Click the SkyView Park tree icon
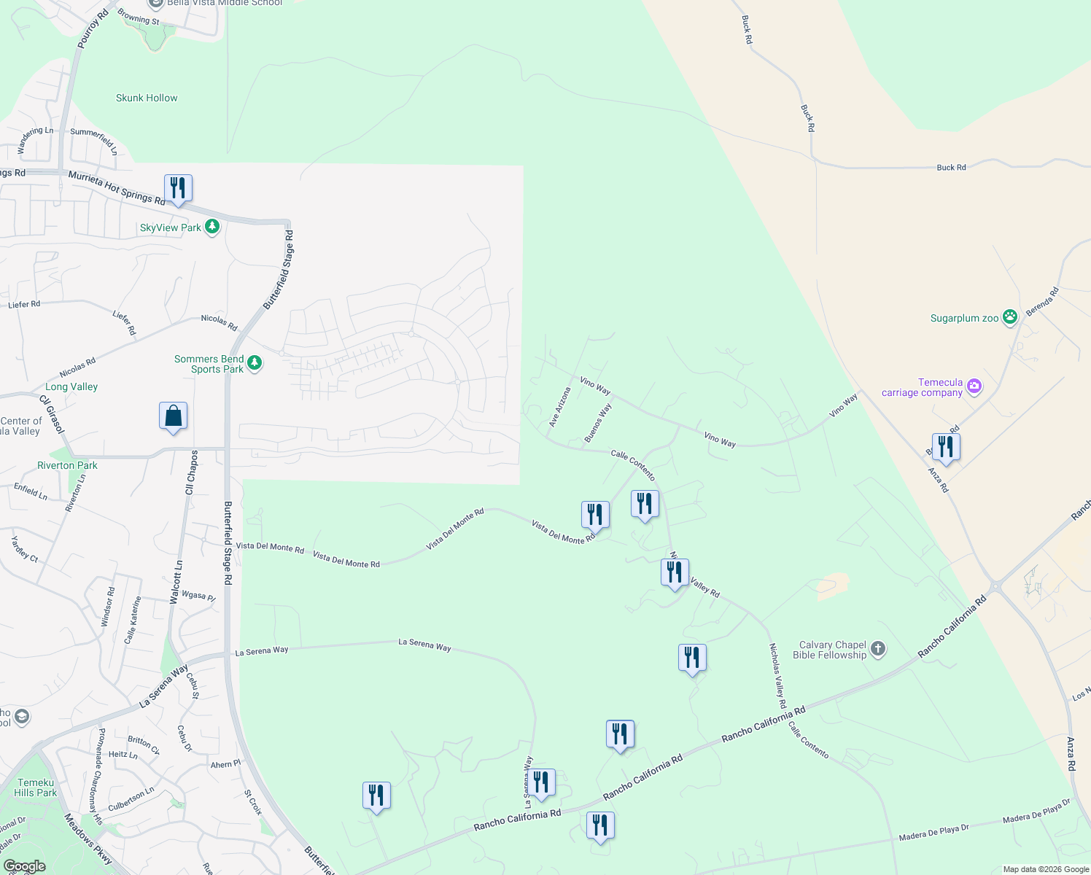tap(212, 227)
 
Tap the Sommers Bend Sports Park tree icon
tap(255, 362)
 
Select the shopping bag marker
tap(174, 416)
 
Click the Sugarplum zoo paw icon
tap(1010, 317)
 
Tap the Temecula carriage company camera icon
tap(974, 386)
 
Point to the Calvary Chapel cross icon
tap(878, 648)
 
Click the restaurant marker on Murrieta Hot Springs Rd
tap(178, 189)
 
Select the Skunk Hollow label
tap(147, 98)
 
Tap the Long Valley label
tap(71, 386)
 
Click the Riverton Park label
tap(67, 465)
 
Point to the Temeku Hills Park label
tap(36, 787)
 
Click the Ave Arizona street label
tap(560, 407)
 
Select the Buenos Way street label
tap(598, 423)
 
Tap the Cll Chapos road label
tap(191, 472)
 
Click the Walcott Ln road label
tap(176, 582)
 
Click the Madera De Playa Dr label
tap(934, 832)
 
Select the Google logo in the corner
tap(25, 866)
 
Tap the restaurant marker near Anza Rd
tap(946, 447)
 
